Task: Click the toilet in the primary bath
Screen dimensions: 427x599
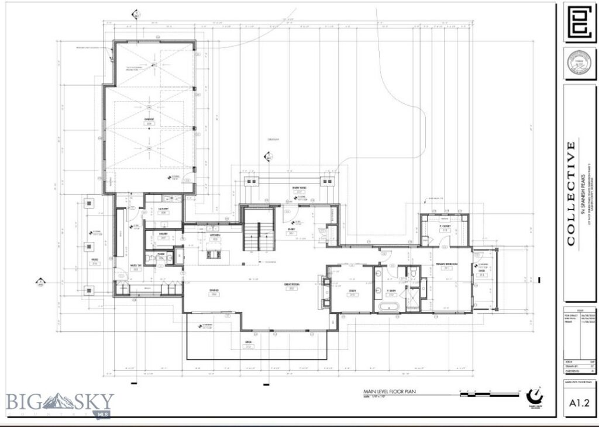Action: pyautogui.click(x=413, y=271)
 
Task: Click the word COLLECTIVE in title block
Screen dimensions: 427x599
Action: pyautogui.click(x=571, y=193)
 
